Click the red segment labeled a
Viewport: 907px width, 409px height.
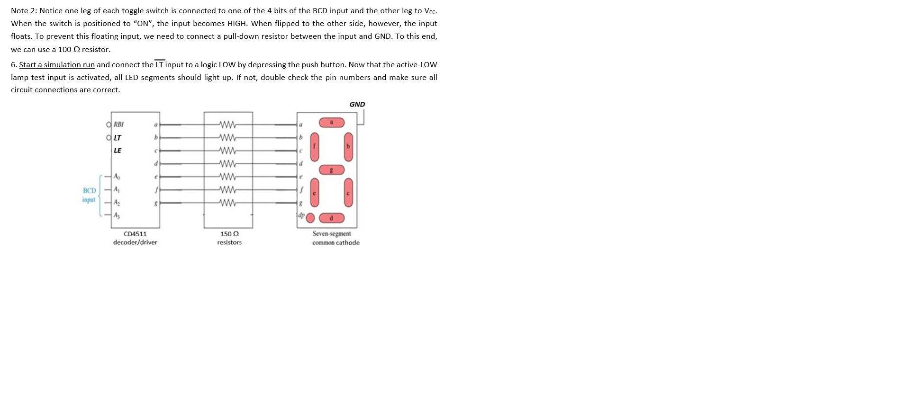(x=331, y=123)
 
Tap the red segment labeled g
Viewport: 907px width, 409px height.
(x=331, y=170)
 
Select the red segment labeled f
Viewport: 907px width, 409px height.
(x=314, y=146)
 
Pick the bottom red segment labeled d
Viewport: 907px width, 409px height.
(x=331, y=218)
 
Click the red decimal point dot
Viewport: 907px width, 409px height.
(x=310, y=218)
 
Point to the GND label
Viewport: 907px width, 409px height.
(x=357, y=104)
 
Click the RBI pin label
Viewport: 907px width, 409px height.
(x=118, y=124)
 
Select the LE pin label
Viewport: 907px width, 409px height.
(x=117, y=151)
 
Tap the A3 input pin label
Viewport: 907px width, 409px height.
(x=117, y=215)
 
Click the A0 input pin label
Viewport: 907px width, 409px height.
(x=117, y=177)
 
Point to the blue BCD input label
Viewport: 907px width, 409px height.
(x=89, y=195)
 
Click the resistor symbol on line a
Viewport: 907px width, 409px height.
(x=228, y=125)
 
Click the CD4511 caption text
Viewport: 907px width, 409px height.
(x=135, y=234)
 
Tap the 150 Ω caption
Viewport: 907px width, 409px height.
(x=229, y=234)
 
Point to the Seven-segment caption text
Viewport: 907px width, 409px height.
(x=332, y=234)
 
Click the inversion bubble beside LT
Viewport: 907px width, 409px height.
(x=109, y=138)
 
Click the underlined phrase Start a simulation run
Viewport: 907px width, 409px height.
(x=57, y=65)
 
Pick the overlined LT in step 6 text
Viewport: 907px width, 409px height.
(x=160, y=65)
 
